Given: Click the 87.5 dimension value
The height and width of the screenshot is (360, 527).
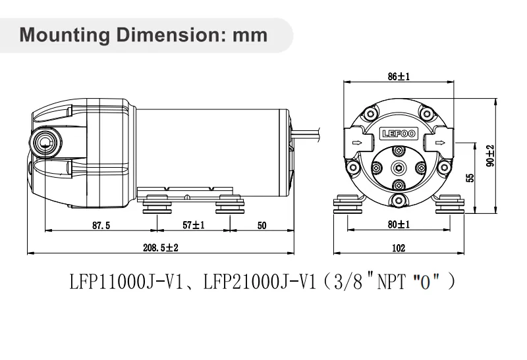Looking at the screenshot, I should [x=101, y=225].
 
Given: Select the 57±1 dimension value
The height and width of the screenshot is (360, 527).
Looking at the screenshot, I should [x=194, y=225].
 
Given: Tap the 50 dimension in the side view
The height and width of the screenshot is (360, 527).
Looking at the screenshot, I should [x=261, y=225].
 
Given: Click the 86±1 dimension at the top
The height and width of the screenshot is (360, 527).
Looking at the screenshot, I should [x=399, y=77].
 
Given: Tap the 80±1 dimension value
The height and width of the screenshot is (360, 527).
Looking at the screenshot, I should [x=399, y=224].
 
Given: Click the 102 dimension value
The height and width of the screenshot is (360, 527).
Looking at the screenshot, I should [x=399, y=248].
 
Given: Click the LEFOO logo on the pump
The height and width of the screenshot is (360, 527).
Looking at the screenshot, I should [x=399, y=134].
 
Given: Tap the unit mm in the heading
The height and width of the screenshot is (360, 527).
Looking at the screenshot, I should [x=251, y=34].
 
